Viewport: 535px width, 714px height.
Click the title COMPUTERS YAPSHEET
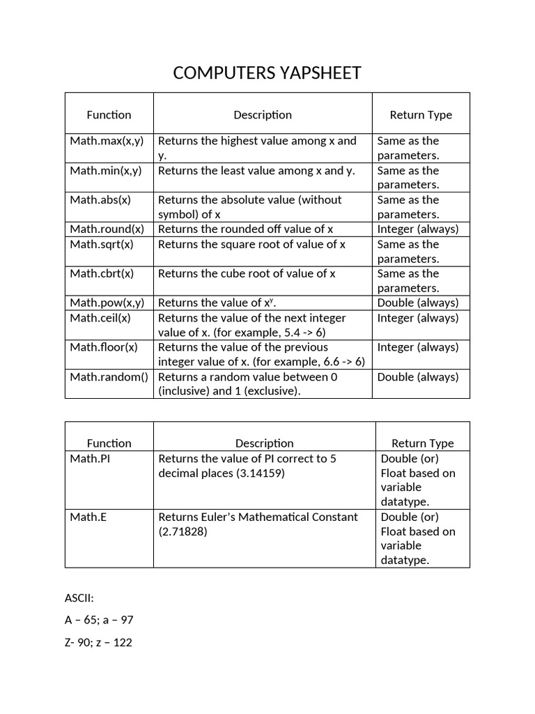267,73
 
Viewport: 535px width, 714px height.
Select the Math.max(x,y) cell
109,141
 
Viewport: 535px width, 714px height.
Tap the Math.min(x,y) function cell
108,171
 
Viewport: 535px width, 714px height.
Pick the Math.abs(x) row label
100,200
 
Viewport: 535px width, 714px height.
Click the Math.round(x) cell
107,229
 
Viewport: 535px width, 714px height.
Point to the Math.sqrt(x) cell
102,245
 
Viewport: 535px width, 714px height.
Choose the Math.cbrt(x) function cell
102,274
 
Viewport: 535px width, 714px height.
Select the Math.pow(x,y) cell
107,303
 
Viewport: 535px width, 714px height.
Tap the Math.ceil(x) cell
100,318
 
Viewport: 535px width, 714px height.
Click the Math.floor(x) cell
104,347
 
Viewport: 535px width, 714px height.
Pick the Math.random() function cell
109,377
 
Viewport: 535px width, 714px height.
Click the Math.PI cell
86,459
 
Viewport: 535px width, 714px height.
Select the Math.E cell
84,517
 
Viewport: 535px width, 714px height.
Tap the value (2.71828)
183,532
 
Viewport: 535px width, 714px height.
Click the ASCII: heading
79,598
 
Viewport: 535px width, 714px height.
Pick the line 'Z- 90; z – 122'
98,643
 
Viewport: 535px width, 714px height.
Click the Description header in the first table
263,115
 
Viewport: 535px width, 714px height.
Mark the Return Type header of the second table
422,443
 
